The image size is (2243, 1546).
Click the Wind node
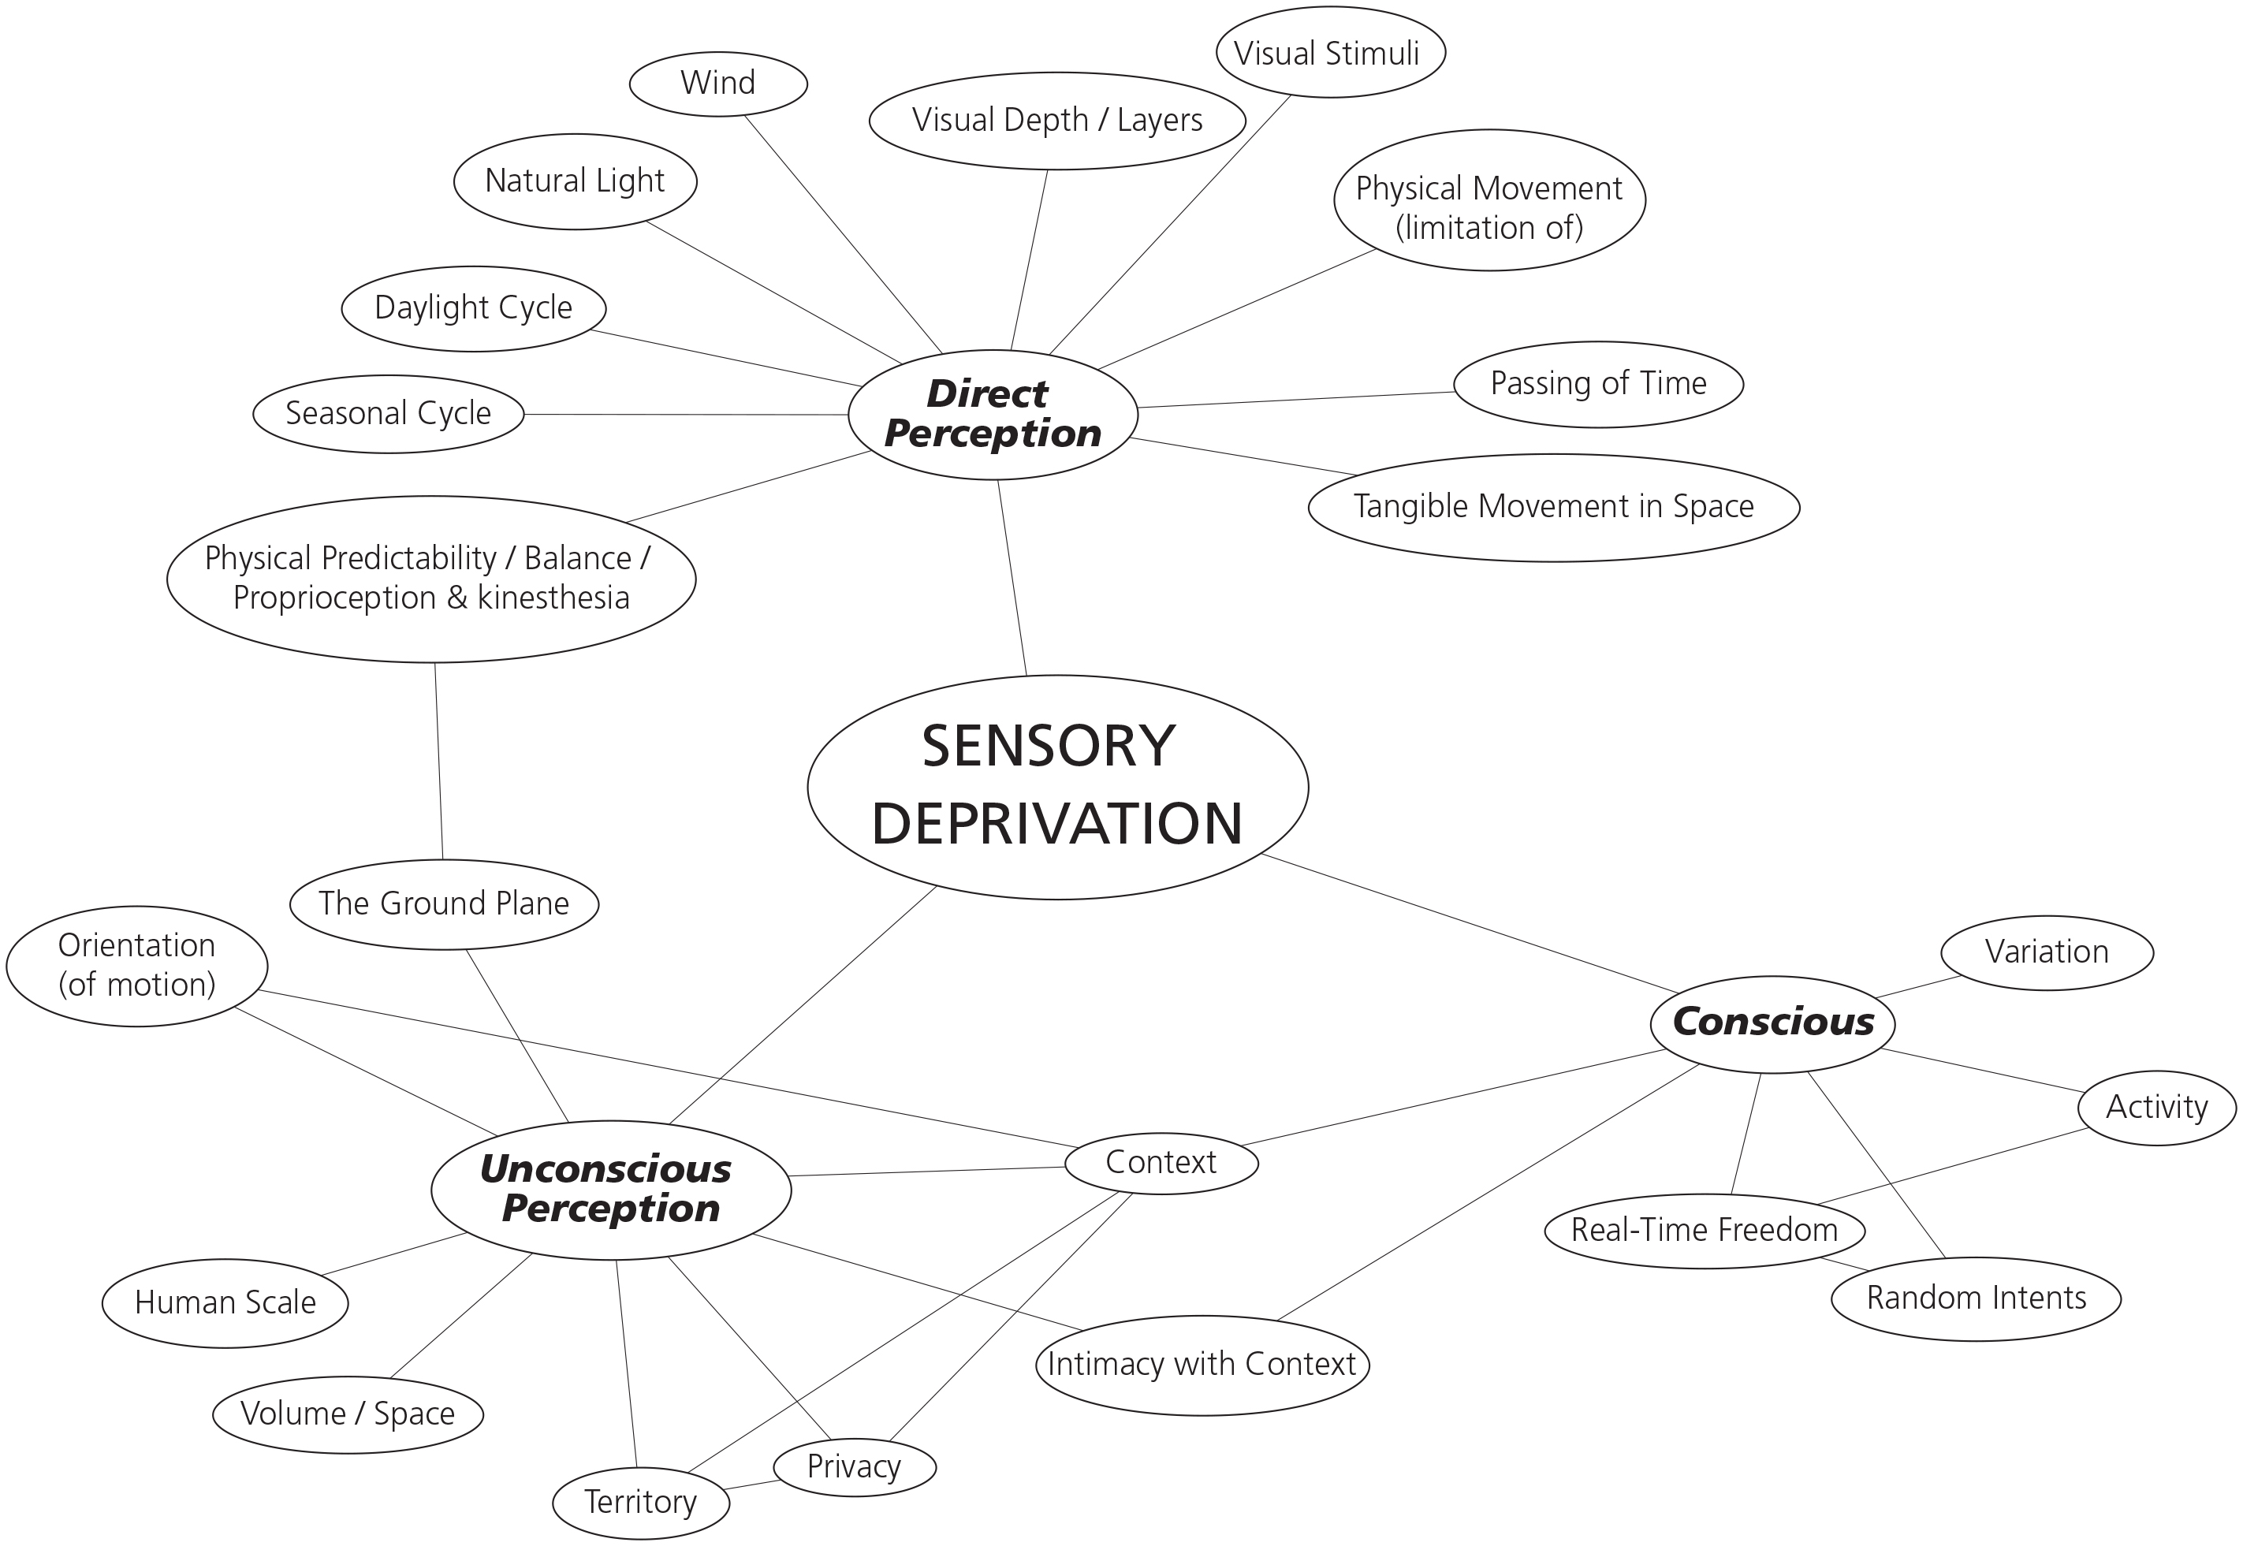[x=717, y=84]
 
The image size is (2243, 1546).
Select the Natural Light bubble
[x=574, y=181]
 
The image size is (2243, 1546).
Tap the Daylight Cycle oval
[x=474, y=308]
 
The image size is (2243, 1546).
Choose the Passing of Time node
[x=1598, y=384]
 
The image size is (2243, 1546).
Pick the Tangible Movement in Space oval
[x=1553, y=507]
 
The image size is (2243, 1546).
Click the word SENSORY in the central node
[x=1048, y=747]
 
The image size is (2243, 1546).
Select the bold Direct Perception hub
[x=992, y=415]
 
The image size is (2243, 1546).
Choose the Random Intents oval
[x=1976, y=1298]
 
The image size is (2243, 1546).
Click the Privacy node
[x=854, y=1466]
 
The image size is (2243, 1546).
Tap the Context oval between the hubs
[x=1161, y=1162]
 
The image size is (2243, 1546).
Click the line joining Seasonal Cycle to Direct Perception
[x=686, y=415]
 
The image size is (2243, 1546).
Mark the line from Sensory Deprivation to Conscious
[x=1472, y=925]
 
